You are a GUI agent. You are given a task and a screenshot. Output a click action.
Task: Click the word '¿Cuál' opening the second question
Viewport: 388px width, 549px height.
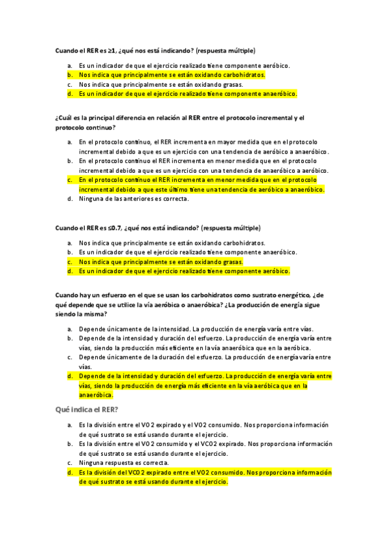(65, 118)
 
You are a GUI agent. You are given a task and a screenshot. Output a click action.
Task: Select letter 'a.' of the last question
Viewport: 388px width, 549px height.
(69, 425)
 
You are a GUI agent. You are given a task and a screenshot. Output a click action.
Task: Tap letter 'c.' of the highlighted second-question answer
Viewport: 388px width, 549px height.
(69, 179)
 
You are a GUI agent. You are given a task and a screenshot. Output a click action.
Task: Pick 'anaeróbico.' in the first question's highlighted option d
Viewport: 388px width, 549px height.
(280, 94)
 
